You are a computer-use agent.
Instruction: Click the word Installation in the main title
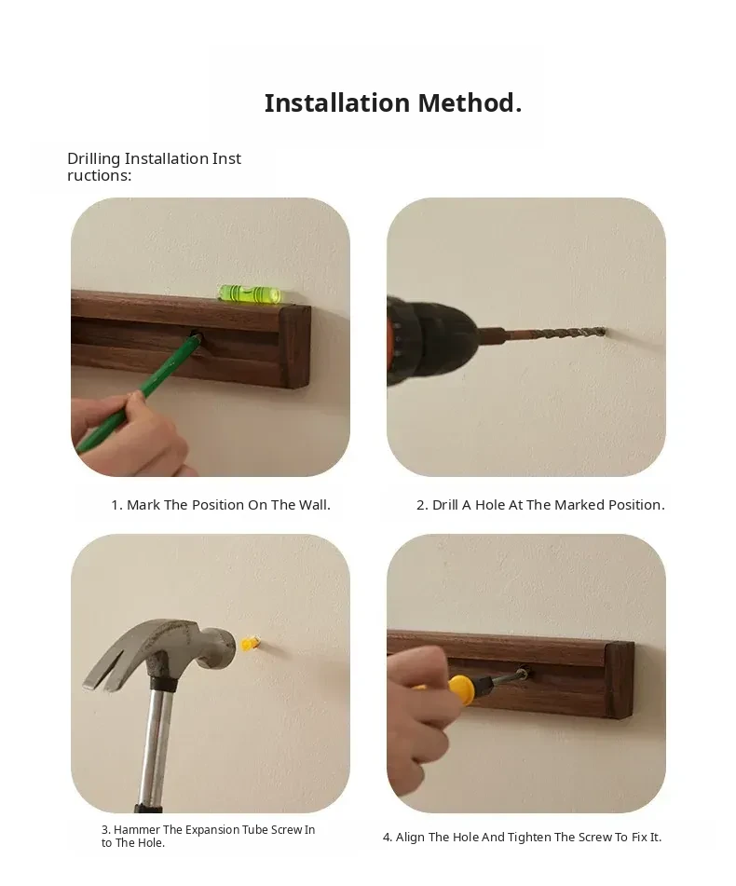337,103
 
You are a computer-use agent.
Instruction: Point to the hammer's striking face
226,648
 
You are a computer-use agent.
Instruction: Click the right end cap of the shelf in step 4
619,680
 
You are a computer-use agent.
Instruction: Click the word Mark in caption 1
143,505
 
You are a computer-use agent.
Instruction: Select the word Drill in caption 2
445,505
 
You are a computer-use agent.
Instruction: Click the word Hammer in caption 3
137,829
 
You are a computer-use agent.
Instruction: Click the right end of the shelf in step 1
295,348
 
